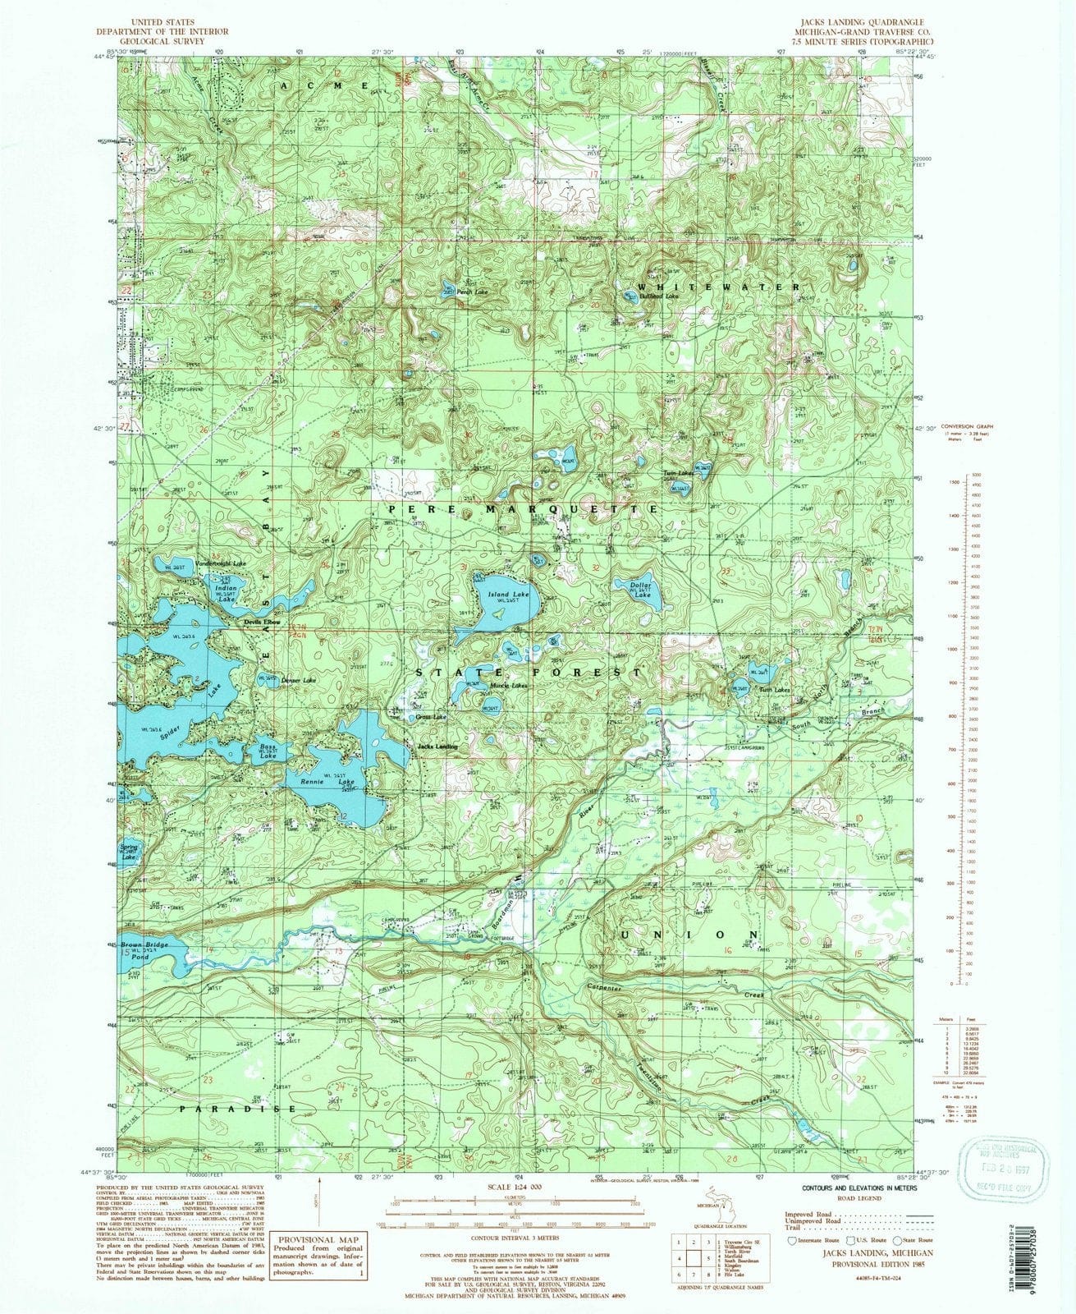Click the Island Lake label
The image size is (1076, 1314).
509,593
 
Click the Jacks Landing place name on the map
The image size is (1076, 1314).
437,747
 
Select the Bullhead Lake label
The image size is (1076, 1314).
661,296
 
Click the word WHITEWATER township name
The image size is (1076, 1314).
718,287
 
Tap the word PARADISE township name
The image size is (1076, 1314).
238,1108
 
